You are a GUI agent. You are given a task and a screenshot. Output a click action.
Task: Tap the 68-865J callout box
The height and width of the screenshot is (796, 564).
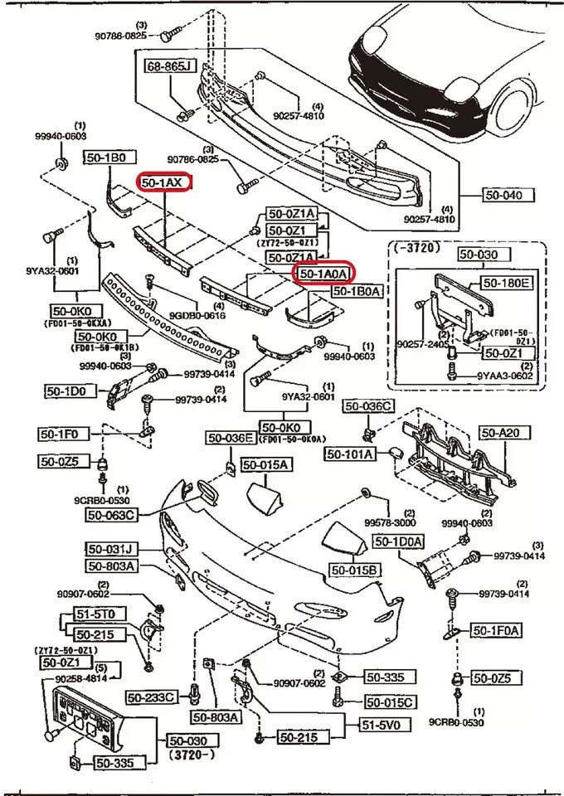coord(168,66)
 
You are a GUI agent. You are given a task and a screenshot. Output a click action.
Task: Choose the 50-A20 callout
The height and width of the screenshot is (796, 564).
coord(499,432)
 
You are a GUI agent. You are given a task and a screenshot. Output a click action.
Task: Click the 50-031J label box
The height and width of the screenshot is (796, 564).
coord(110,548)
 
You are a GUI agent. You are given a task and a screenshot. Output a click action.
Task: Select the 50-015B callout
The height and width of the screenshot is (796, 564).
coord(353,570)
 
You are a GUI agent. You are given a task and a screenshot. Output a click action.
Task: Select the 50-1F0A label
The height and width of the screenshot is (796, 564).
coord(497,631)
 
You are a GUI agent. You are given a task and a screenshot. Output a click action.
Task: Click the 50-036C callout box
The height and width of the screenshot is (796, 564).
coord(369,406)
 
